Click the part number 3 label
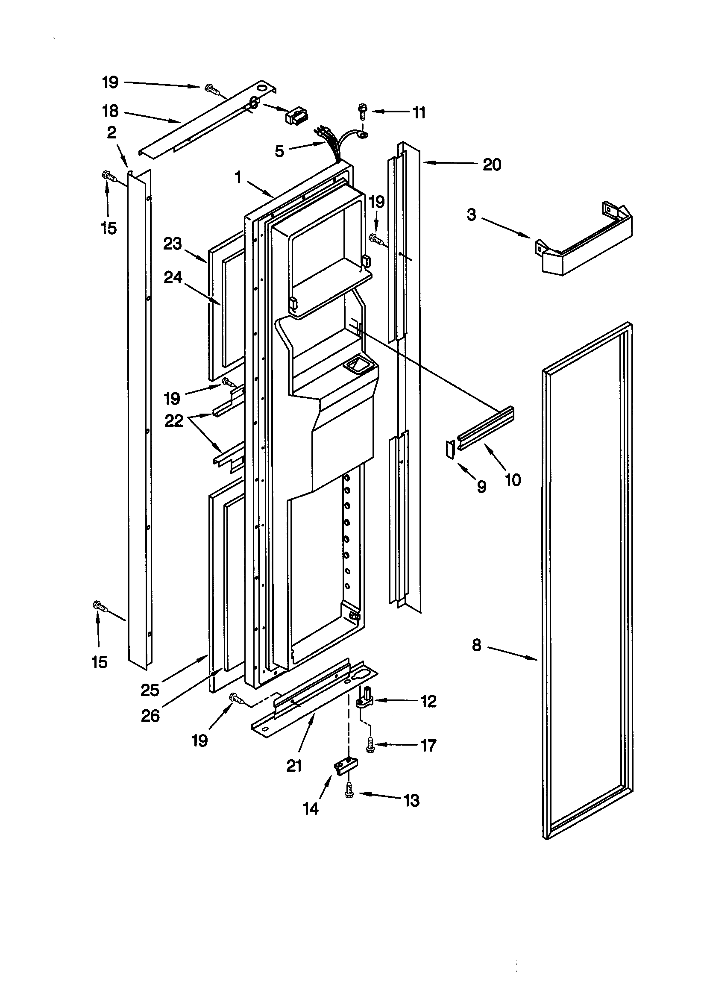tap(472, 214)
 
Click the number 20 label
tap(492, 165)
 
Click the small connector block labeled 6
tap(296, 116)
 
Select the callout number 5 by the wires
tap(279, 151)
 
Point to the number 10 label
tap(513, 480)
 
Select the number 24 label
tap(173, 278)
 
